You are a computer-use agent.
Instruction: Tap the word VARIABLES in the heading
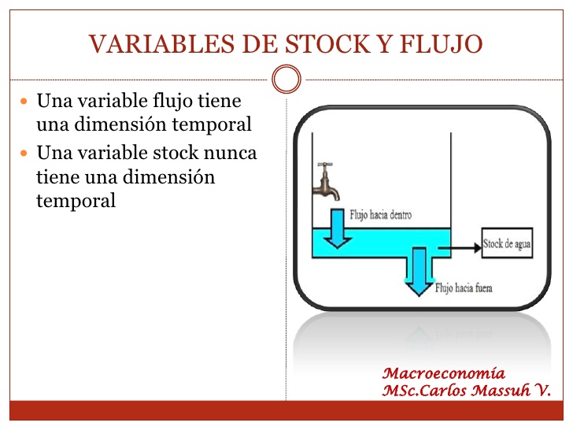[161, 44]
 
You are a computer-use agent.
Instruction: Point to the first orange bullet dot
[24, 101]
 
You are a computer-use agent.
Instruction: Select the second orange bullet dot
[24, 153]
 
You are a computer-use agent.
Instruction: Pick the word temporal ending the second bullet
[76, 201]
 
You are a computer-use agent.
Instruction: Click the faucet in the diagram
[326, 182]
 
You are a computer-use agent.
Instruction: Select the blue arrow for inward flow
[337, 228]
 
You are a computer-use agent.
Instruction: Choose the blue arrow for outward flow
[419, 271]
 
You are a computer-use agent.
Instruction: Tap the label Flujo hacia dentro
[381, 215]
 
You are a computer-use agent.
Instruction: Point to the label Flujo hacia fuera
[464, 288]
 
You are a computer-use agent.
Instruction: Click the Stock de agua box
[507, 243]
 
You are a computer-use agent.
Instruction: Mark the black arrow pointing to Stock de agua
[460, 248]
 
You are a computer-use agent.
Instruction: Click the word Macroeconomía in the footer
[444, 373]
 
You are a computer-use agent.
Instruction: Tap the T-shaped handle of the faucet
[325, 165]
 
